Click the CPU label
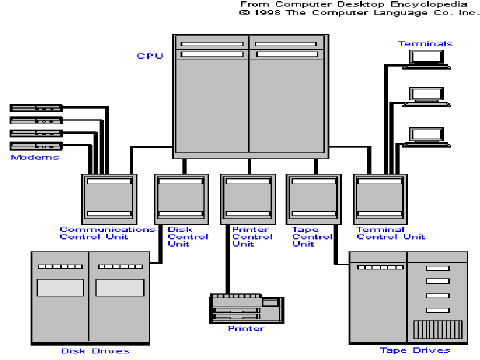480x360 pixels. (150, 56)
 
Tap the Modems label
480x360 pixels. (35, 157)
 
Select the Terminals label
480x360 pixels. (425, 44)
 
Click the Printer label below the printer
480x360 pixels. (246, 328)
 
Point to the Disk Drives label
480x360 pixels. (95, 351)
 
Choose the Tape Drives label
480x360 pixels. (415, 350)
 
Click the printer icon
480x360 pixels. (247, 308)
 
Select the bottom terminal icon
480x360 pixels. (427, 136)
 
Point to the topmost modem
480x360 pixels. (36, 108)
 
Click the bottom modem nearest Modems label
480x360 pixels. (36, 146)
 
